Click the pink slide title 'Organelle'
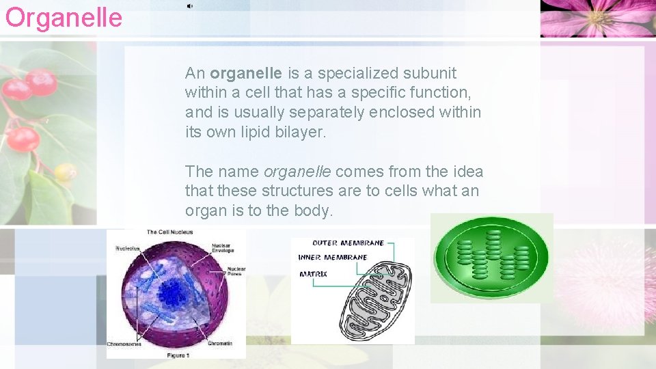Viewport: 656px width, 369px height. (64, 17)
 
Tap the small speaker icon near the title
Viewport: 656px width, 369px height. (189, 6)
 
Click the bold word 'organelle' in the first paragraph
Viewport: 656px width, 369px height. (246, 73)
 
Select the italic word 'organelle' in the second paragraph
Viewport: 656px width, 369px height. (297, 172)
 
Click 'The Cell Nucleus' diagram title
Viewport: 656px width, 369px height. (169, 232)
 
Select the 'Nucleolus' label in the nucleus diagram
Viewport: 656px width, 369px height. (128, 247)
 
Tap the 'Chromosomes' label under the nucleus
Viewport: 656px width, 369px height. (124, 344)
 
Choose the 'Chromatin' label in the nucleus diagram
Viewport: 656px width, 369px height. (220, 343)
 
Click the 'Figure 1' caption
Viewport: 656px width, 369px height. (178, 355)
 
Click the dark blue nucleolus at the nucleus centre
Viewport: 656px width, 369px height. (172, 293)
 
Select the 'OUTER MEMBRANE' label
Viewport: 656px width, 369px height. (348, 243)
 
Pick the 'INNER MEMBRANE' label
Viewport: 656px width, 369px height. (333, 258)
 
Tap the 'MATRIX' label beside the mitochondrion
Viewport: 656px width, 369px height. (313, 274)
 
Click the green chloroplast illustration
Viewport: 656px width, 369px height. (491, 257)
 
